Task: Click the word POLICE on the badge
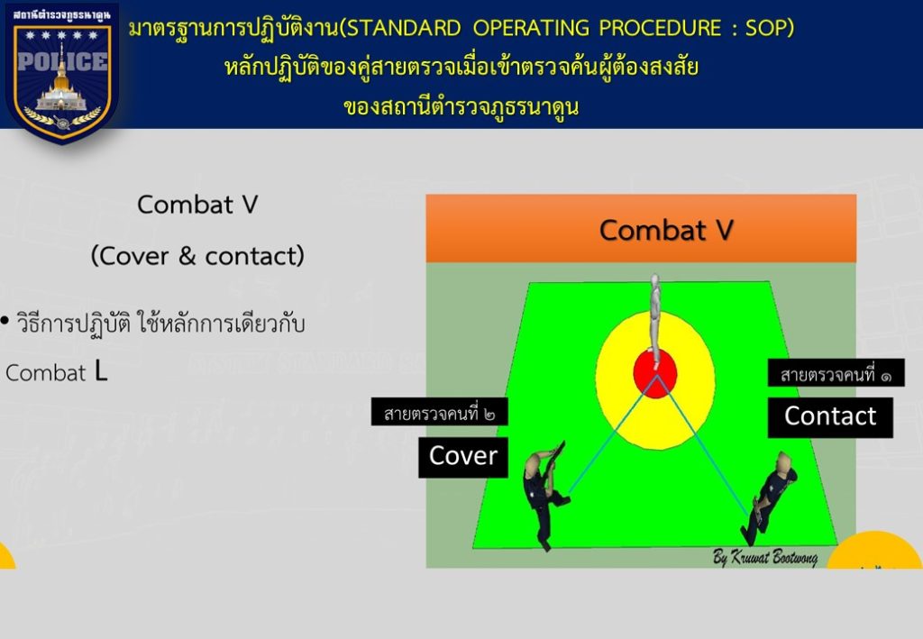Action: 62,61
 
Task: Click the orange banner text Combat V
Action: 666,230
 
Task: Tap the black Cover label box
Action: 463,457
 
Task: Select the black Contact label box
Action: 830,417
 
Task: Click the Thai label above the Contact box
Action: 836,373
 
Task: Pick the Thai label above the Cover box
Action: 439,412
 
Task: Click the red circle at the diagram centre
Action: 655,373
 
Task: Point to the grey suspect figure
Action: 654,312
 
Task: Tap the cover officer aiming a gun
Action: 544,494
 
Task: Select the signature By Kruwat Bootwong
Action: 765,556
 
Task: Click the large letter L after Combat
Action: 101,371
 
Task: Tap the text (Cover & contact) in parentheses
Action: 197,256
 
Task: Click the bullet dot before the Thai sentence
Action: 5,321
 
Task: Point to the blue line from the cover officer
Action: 612,434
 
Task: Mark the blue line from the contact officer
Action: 703,445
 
